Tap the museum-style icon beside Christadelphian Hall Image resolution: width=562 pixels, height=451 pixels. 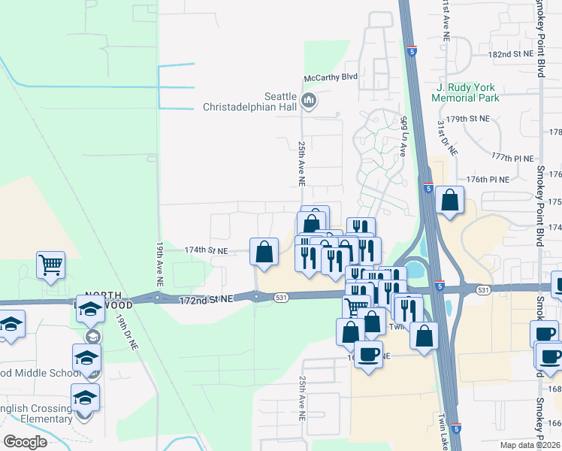coord(308,100)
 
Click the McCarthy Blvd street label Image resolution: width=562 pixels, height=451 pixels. coord(330,77)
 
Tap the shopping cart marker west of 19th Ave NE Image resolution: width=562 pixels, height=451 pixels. coord(50,264)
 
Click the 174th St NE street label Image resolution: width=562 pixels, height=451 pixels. coord(206,250)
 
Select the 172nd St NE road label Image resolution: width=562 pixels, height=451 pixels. coord(207,300)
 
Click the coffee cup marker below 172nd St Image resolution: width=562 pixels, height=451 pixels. coord(368,355)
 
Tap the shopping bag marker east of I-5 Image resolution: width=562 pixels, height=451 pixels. coord(449,201)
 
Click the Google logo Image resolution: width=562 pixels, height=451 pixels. coord(25,442)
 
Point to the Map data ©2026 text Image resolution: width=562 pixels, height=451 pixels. coord(529,445)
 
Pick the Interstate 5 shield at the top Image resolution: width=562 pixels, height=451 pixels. coord(411,51)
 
